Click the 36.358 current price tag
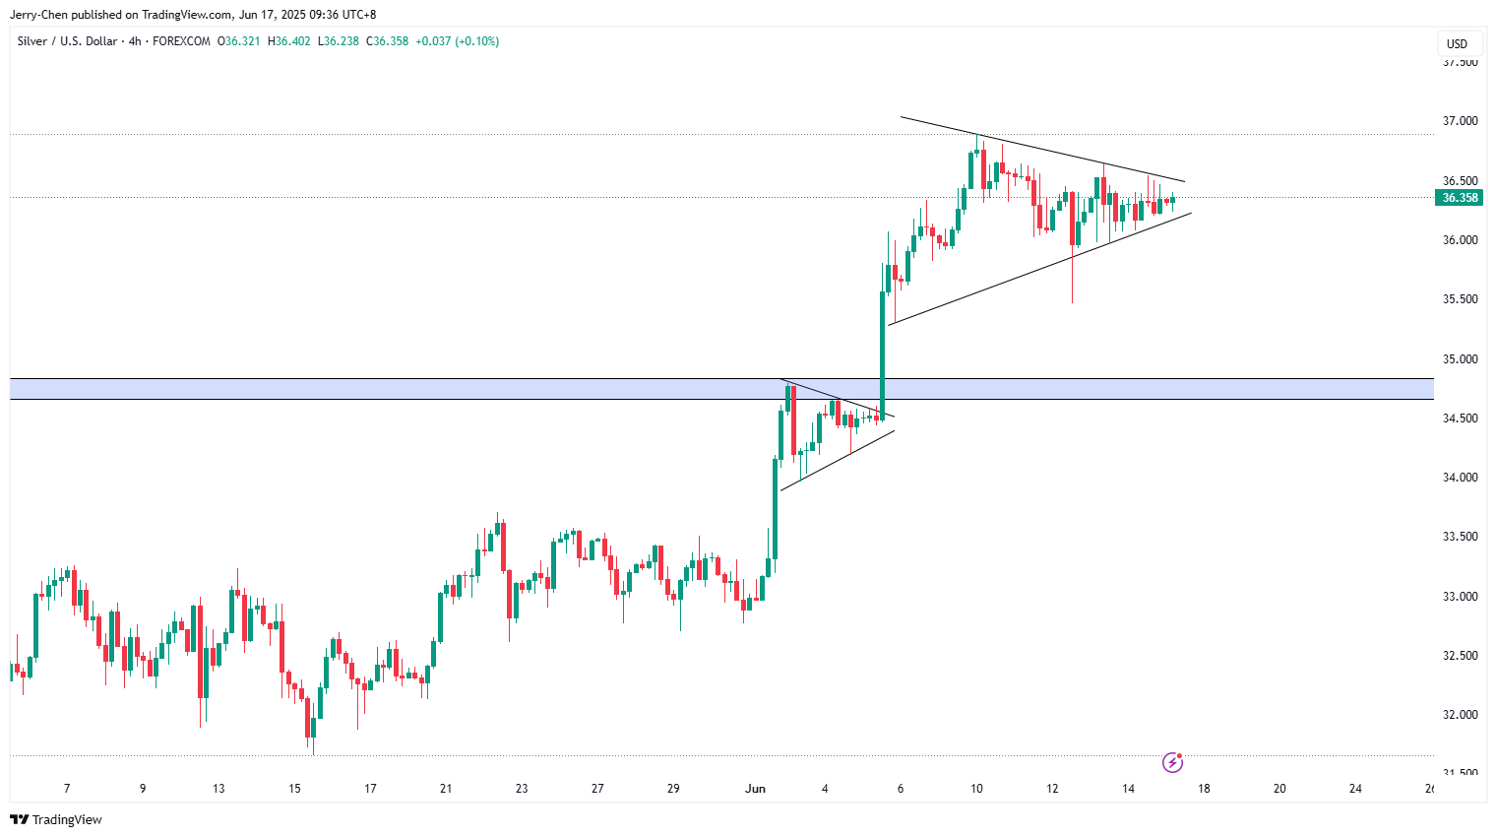(x=1460, y=198)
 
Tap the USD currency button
(x=1457, y=43)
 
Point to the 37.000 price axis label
(x=1460, y=121)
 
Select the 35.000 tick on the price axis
(x=1460, y=359)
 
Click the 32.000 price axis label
(x=1460, y=715)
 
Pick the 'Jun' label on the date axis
(x=755, y=789)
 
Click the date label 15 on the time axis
(x=294, y=789)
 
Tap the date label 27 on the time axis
(x=597, y=789)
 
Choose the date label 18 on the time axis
(x=1204, y=789)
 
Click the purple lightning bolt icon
(x=1172, y=762)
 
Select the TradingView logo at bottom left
(x=56, y=819)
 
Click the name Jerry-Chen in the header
(x=38, y=15)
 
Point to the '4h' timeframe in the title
(x=135, y=41)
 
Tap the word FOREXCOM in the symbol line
(x=181, y=41)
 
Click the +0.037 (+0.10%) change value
(x=457, y=41)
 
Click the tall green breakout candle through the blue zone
(x=882, y=354)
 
